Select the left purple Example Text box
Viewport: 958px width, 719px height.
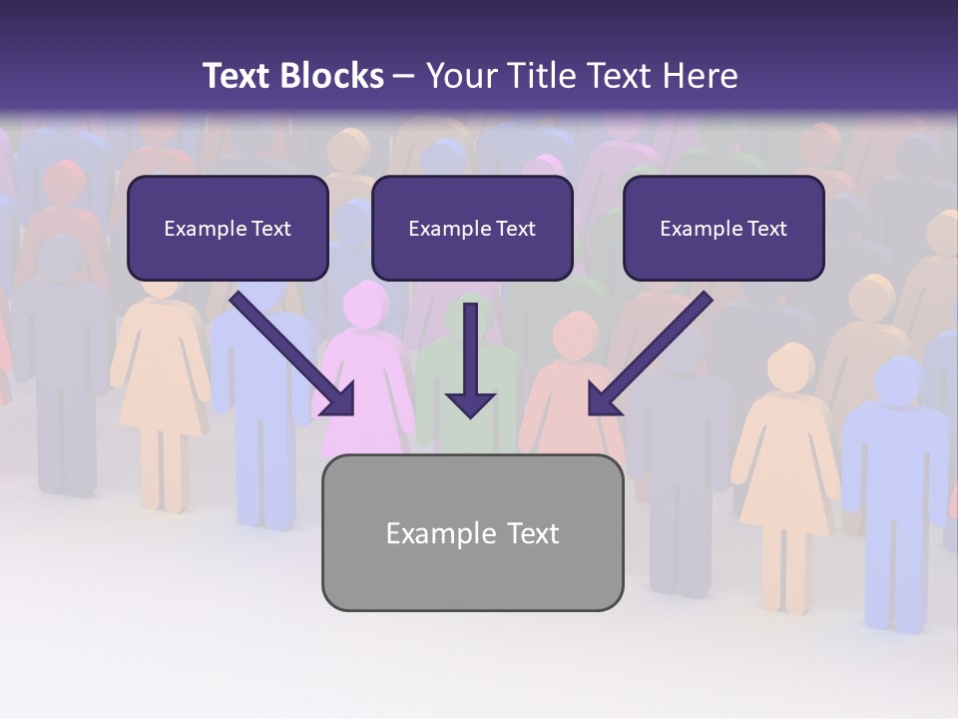click(228, 228)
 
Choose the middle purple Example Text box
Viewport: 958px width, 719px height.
click(472, 228)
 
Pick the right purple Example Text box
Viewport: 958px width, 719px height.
click(723, 228)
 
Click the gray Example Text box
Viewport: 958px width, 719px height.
click(472, 532)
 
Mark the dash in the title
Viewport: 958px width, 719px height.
click(404, 77)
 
